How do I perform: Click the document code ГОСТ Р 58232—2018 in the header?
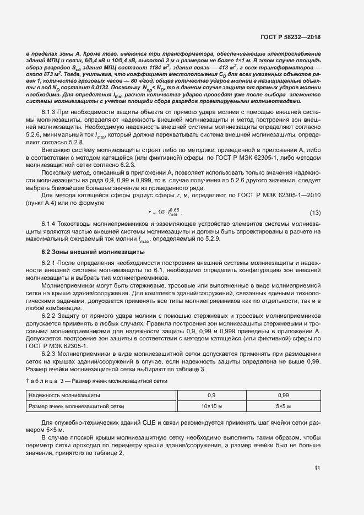coord(290,37)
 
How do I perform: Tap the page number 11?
coord(317,469)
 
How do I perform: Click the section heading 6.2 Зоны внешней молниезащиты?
coord(86,251)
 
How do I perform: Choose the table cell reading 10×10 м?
coord(211,406)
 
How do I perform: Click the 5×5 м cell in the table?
coord(284,406)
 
